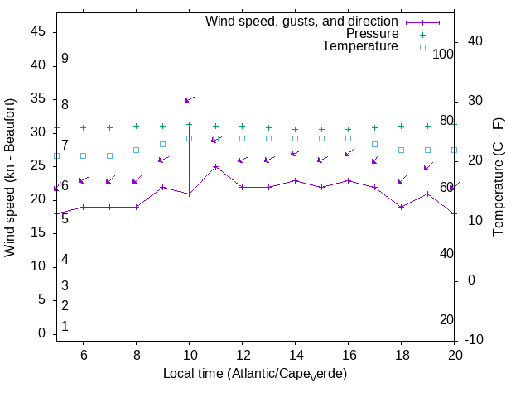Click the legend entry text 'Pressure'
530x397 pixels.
[372, 34]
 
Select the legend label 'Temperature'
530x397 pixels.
[360, 46]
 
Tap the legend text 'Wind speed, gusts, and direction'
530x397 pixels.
[302, 22]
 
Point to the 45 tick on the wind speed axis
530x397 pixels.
[38, 31]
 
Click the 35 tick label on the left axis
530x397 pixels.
[38, 98]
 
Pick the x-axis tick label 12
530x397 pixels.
[242, 354]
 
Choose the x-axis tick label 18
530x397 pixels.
[401, 354]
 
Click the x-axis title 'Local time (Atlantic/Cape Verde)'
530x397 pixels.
[255, 374]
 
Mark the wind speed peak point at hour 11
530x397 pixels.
[215, 166]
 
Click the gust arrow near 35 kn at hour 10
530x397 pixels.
[189, 99]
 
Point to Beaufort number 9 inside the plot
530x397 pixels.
[65, 59]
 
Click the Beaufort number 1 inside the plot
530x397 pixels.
[65, 327]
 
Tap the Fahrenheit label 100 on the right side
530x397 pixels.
[444, 54]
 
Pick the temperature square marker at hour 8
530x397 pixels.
[136, 150]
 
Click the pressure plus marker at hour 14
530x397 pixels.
[295, 129]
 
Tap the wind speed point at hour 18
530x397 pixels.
[401, 207]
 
